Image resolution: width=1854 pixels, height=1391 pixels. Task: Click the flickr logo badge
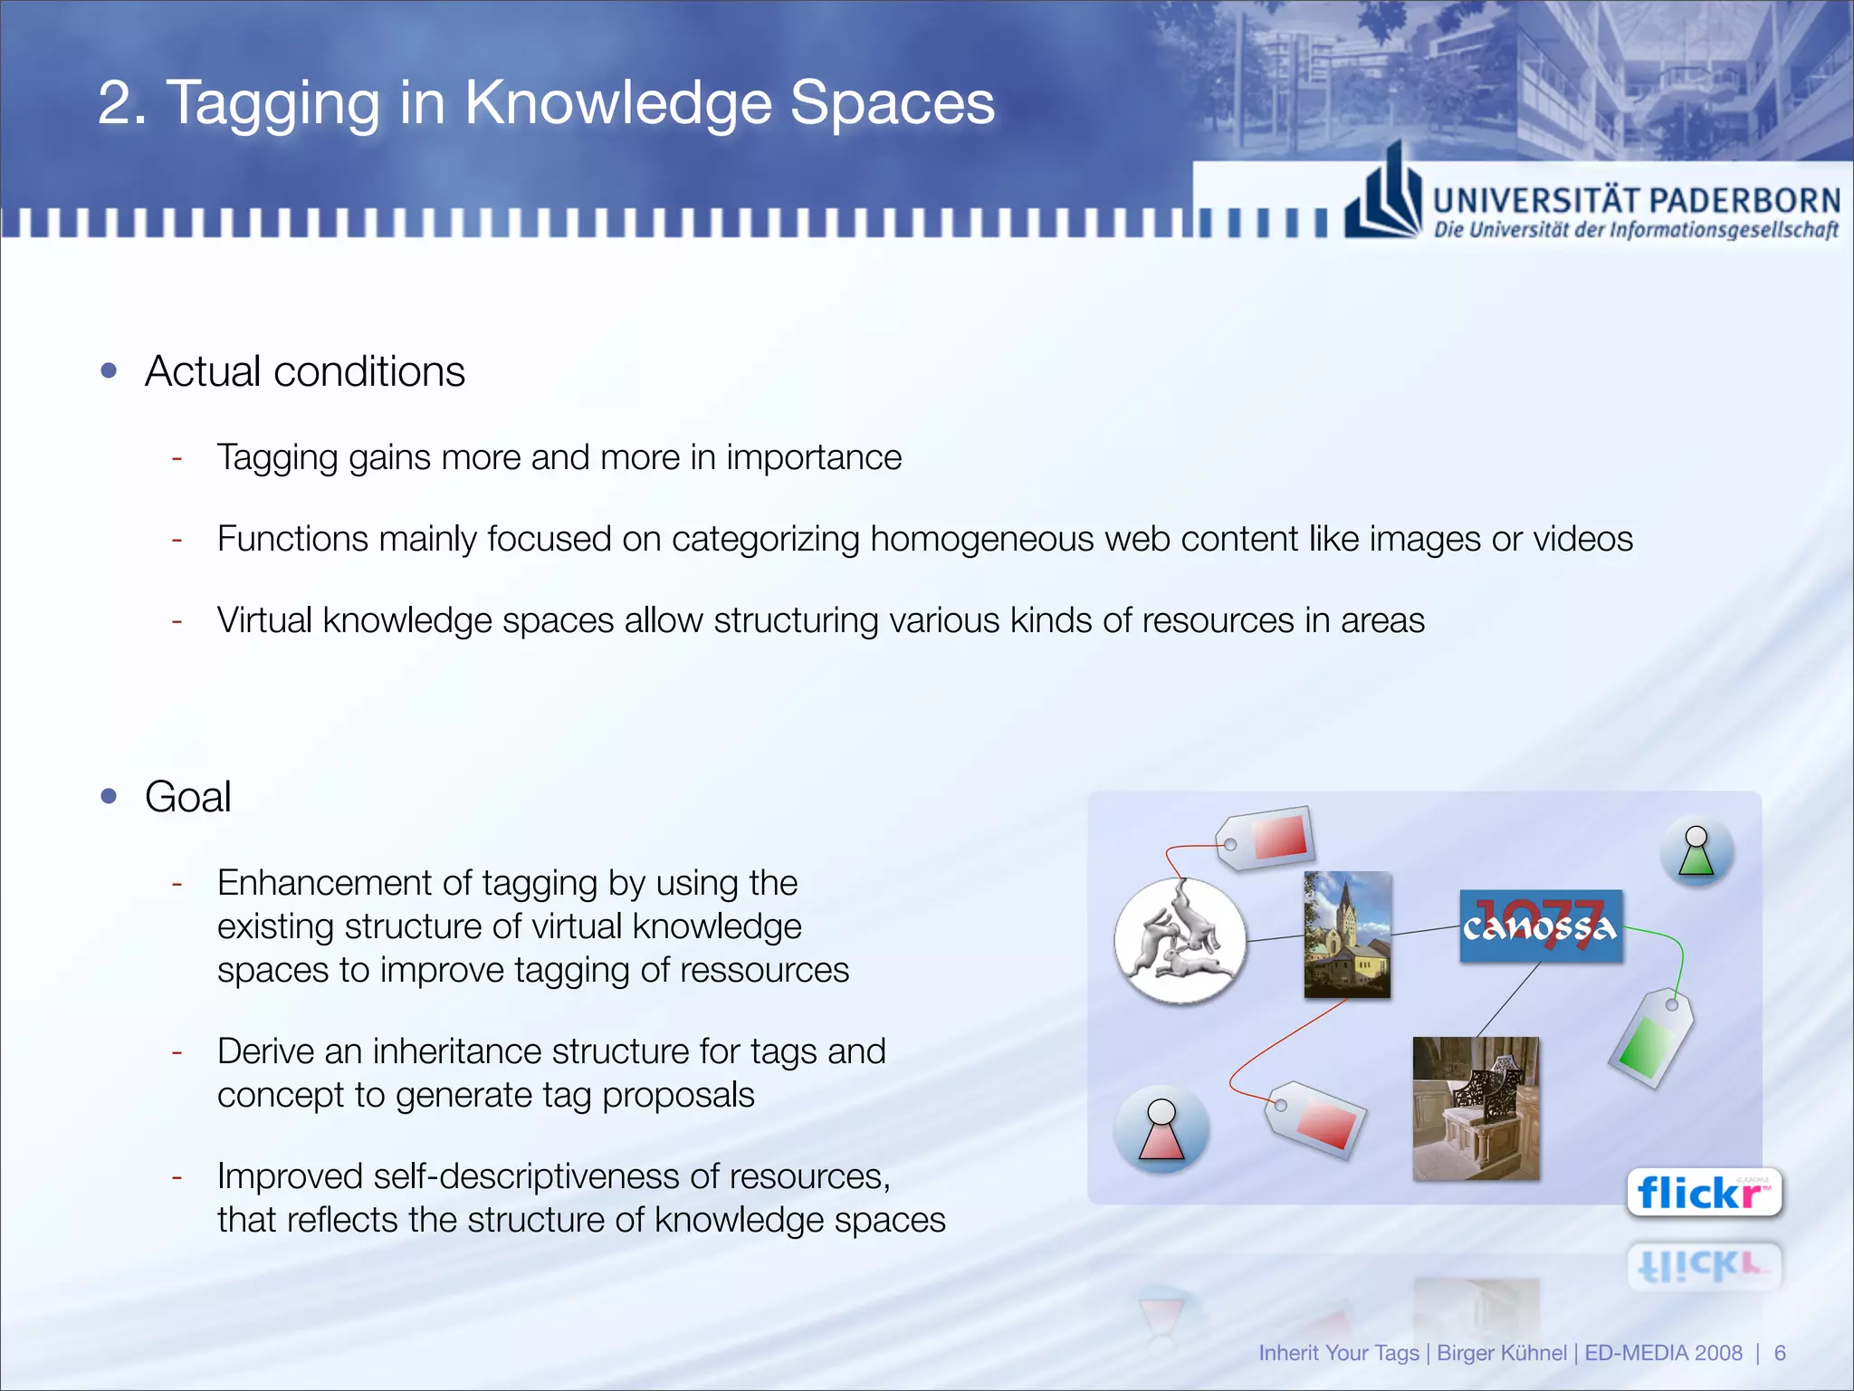coord(1704,1193)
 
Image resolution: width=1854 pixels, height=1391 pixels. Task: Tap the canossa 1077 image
coord(1540,926)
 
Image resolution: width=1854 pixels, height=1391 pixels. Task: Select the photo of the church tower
coord(1347,935)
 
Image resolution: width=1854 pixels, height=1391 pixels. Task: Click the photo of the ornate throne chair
coord(1476,1108)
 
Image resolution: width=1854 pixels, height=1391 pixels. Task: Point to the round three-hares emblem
coord(1180,940)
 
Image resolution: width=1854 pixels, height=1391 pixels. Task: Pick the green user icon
coord(1696,851)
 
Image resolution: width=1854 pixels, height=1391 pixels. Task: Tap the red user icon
coord(1161,1129)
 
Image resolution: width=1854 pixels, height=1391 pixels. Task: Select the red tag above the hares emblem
coord(1266,838)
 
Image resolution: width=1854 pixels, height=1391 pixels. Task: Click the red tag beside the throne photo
coord(1314,1119)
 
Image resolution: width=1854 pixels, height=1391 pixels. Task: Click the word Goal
coord(188,797)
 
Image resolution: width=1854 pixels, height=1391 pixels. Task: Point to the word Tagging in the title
coord(272,102)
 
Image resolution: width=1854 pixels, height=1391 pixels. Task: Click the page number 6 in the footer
coord(1780,1353)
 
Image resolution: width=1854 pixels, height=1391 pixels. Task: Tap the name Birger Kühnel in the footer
coord(1502,1353)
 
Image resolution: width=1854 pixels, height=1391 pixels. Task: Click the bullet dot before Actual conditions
coord(110,370)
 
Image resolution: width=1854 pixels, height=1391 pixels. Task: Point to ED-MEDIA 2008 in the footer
coord(1663,1353)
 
